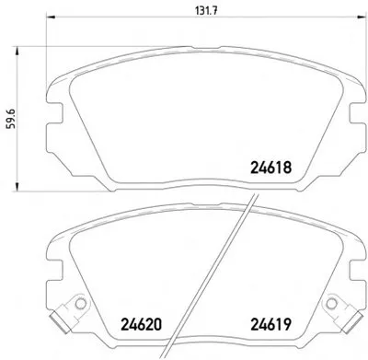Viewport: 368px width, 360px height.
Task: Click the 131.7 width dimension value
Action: (x=206, y=11)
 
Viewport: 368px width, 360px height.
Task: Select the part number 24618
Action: (x=270, y=168)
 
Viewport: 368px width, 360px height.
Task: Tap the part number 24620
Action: (x=141, y=324)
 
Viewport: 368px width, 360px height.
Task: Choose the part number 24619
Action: (x=270, y=324)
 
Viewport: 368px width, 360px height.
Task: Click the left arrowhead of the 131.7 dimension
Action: (x=51, y=17)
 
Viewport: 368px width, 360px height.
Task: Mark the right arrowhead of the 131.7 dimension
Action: (x=363, y=17)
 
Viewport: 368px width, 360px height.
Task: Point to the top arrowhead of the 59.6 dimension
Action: (x=17, y=51)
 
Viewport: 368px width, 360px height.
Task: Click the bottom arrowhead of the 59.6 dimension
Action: (x=17, y=186)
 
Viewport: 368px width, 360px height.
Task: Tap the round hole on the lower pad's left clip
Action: (x=81, y=304)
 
